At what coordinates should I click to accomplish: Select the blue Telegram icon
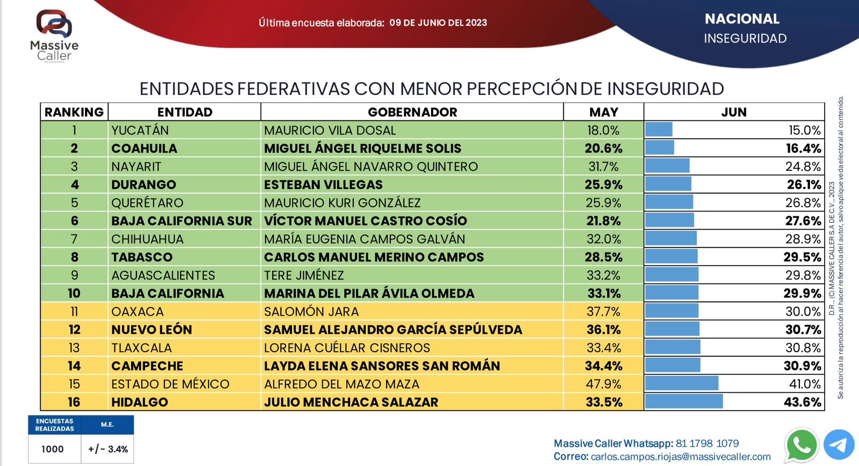point(839,445)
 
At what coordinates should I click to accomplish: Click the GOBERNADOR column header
point(412,112)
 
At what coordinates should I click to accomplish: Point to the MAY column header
point(603,112)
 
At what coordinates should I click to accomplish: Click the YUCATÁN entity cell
point(140,130)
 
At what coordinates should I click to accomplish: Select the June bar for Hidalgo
point(684,402)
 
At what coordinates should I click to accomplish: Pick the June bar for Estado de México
point(682,383)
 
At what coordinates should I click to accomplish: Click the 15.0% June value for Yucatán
point(804,130)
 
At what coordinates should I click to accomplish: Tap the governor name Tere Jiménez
point(304,275)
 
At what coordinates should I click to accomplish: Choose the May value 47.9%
point(603,384)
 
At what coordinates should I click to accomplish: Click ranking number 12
point(74,330)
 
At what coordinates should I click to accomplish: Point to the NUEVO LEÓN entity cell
point(152,330)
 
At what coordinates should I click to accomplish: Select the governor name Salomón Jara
point(311,311)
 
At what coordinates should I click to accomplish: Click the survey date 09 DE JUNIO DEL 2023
point(438,23)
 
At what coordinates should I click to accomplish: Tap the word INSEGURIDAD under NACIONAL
point(745,39)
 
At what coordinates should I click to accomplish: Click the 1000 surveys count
point(53,449)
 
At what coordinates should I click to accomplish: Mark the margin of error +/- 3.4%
point(108,449)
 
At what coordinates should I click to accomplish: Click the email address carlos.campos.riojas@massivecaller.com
point(680,457)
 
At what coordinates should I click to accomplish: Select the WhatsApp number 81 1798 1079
point(707,443)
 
